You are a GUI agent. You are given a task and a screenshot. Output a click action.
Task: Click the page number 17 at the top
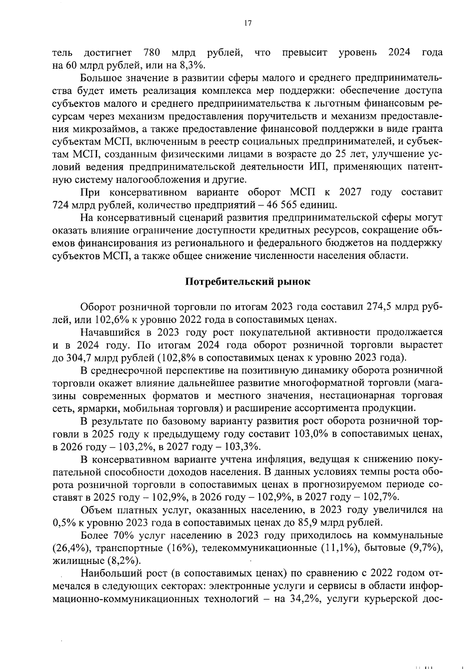(x=247, y=23)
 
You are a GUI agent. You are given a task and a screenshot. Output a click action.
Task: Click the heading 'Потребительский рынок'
(x=248, y=282)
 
